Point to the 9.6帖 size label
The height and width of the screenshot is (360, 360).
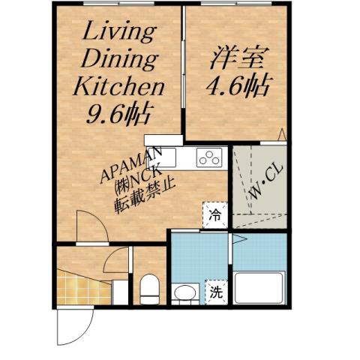tap(118, 114)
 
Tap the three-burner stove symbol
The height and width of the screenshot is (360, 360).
tap(210, 157)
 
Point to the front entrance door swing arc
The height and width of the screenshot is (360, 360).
tap(70, 330)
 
